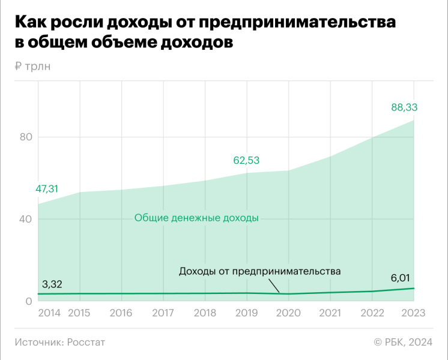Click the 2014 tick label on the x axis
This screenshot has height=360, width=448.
[x=50, y=313]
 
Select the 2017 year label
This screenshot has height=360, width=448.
[x=163, y=313]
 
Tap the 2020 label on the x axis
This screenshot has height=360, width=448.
[x=288, y=313]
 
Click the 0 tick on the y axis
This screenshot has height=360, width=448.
[x=28, y=301]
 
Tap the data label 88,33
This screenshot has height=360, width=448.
[x=404, y=107]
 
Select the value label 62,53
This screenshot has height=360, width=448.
[x=246, y=160]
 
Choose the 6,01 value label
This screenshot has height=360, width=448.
[x=402, y=278]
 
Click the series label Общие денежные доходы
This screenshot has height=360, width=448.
[x=196, y=218]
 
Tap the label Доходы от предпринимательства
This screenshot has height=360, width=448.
[x=260, y=271]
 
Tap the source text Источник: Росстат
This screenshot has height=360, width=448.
[x=59, y=342]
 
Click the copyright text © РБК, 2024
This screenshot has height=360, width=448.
[x=403, y=342]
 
